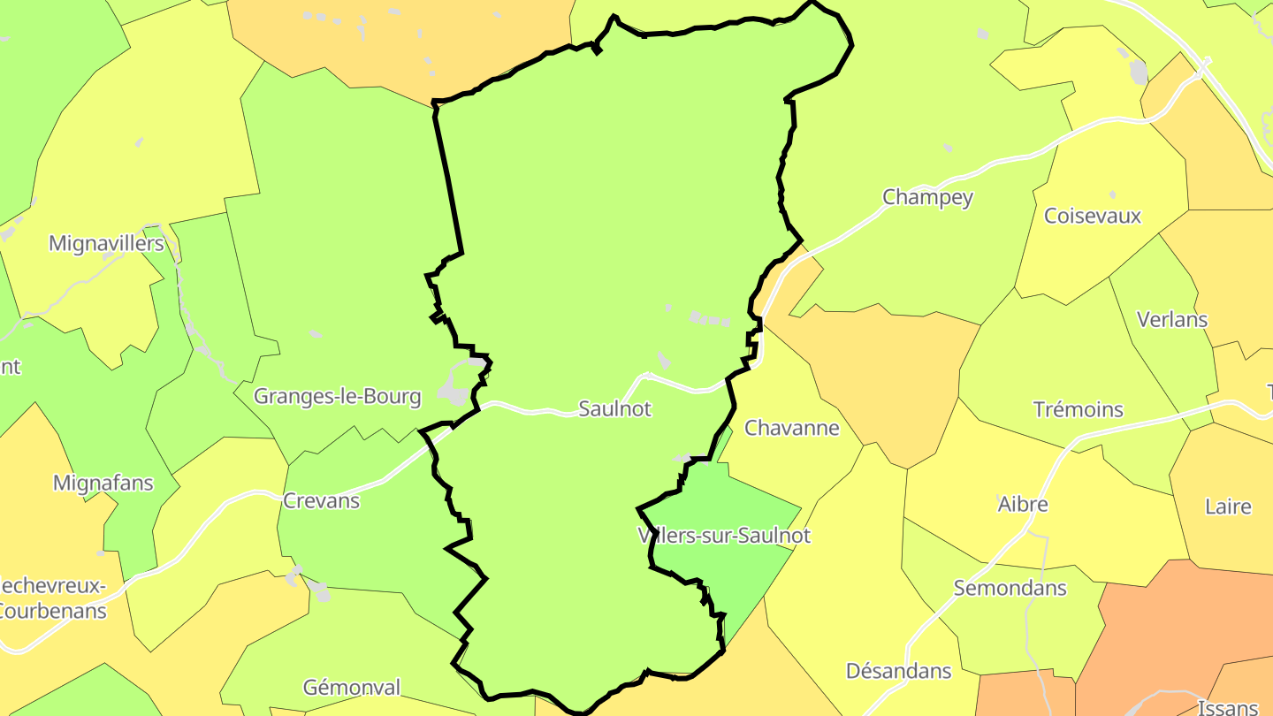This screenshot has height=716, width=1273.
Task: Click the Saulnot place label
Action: click(614, 408)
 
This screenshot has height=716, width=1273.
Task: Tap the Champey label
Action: click(927, 197)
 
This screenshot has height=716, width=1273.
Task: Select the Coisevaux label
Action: click(1093, 216)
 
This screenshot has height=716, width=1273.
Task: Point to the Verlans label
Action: click(1172, 319)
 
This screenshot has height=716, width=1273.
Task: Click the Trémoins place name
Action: click(1079, 409)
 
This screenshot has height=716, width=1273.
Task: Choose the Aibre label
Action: click(1023, 504)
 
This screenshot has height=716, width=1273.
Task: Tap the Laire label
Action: click(1228, 507)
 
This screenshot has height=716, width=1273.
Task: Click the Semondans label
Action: click(1010, 588)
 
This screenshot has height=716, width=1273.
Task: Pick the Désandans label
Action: click(898, 671)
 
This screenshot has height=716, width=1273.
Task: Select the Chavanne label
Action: click(791, 428)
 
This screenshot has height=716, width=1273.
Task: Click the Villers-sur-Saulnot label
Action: click(723, 535)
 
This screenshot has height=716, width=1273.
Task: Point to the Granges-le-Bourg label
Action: click(337, 396)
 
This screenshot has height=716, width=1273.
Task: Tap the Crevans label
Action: click(321, 500)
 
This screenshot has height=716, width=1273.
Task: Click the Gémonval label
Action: click(351, 687)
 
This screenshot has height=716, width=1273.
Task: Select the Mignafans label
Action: click(103, 484)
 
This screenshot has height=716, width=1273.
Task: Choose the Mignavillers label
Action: click(106, 243)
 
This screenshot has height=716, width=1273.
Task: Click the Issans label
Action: click(1227, 707)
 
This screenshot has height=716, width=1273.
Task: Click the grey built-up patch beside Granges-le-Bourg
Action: click(456, 389)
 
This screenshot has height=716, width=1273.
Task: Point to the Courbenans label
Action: click(51, 610)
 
